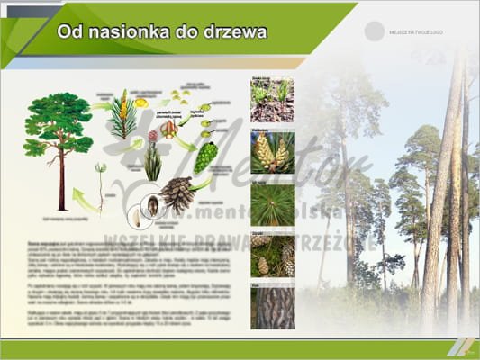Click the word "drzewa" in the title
click(x=237, y=32)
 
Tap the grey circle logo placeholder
click(x=374, y=31)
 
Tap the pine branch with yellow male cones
click(x=122, y=112)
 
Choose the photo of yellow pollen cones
click(x=272, y=151)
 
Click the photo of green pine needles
click(x=272, y=204)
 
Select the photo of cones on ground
click(x=272, y=256)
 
